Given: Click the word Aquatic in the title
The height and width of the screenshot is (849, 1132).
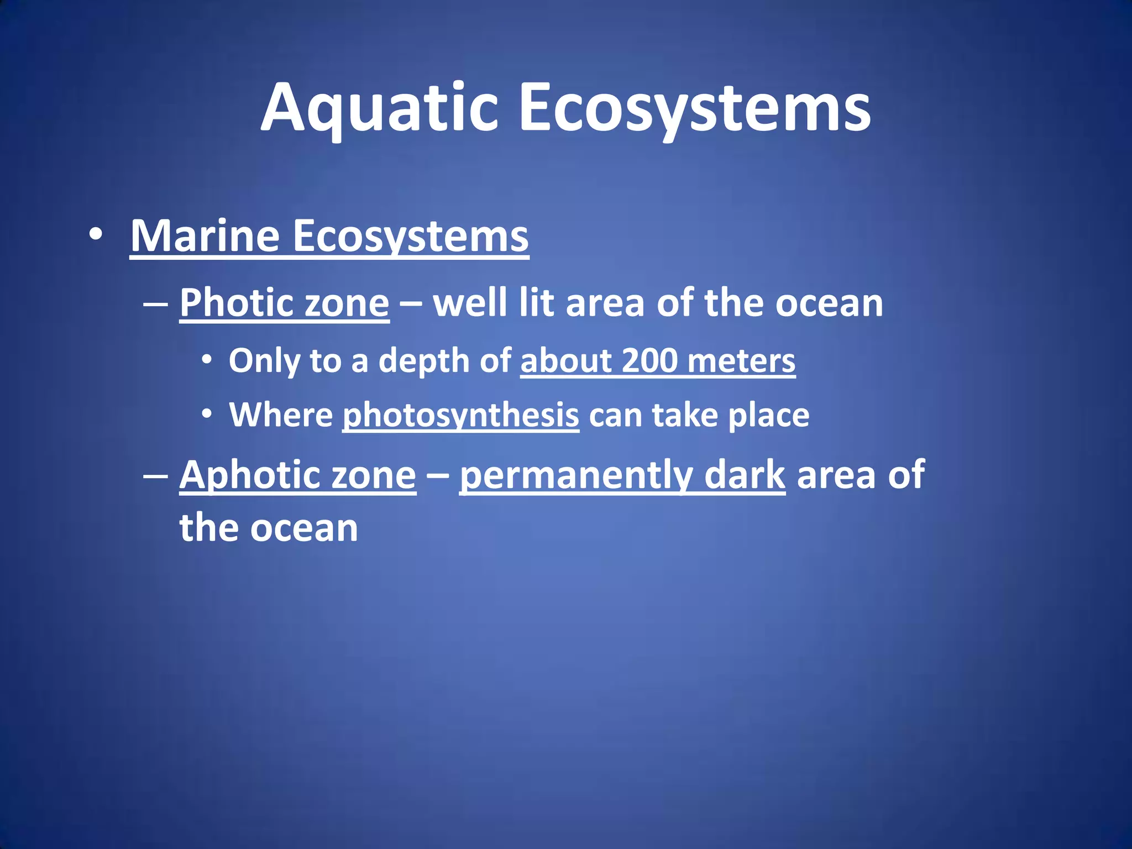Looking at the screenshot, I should (x=380, y=108).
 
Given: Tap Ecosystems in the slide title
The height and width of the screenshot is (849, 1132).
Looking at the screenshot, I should (x=694, y=108).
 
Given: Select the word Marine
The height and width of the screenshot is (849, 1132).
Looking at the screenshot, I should (x=205, y=237).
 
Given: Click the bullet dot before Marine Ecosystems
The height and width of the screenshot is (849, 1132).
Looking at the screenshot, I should (x=96, y=234).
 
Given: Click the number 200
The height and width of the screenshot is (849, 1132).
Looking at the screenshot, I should (x=649, y=361).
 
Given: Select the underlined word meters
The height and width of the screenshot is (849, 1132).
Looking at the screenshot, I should (x=742, y=361).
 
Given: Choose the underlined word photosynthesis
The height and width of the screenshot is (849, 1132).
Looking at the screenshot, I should (x=461, y=416).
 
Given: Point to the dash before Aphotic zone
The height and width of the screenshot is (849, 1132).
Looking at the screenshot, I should (x=155, y=475).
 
